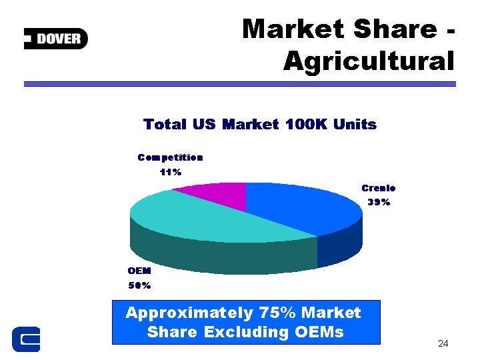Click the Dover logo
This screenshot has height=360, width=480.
point(56,39)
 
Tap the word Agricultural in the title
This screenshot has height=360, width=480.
point(369,60)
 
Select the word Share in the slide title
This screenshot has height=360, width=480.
point(395,29)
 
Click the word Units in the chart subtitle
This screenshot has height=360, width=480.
point(355,124)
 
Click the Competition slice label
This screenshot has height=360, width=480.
point(170,157)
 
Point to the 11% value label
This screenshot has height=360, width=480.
point(171,173)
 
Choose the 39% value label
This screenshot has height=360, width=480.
point(379,202)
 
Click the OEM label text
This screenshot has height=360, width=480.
point(139,271)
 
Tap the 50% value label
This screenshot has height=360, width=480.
point(139,285)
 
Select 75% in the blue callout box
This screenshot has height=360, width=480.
point(277,313)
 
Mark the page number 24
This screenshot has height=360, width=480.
point(443,343)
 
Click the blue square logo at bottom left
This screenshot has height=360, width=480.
point(26,339)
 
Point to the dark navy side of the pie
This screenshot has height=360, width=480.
point(340,245)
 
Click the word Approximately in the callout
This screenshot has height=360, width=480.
point(189,313)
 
